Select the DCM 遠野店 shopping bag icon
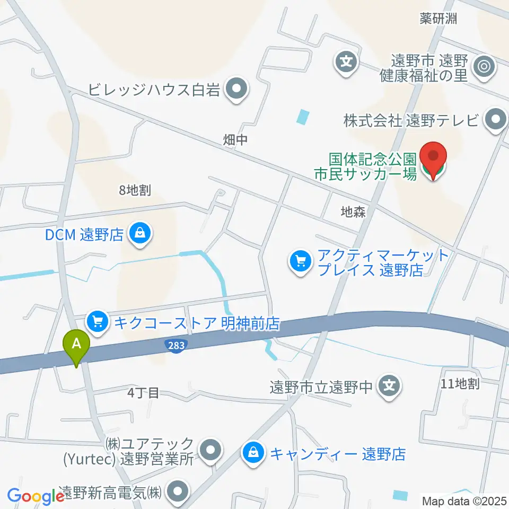click(139, 233)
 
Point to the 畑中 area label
click(235, 140)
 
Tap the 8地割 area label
click(135, 191)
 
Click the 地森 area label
click(353, 213)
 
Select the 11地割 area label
click(460, 384)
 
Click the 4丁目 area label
click(143, 393)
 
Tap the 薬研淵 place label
click(438, 19)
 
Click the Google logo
click(36, 497)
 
